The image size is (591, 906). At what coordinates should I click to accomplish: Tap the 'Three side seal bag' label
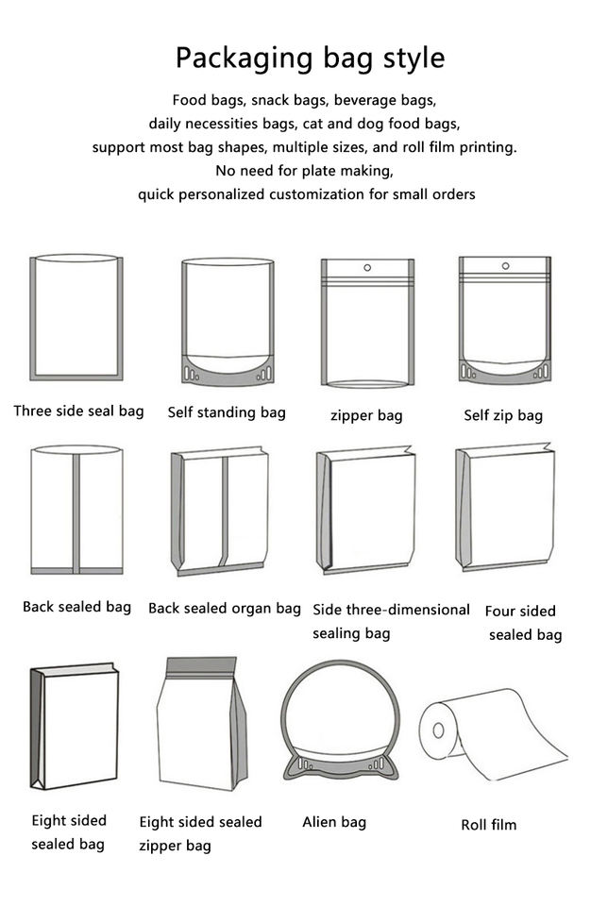tap(78, 411)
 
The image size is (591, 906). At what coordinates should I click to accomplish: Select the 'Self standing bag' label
tap(227, 412)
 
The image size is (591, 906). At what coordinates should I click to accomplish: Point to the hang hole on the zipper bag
tap(367, 267)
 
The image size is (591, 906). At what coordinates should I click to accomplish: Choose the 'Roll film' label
tap(489, 825)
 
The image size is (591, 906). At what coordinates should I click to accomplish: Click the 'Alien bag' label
tap(334, 822)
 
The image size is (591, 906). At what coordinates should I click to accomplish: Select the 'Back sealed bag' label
tap(76, 607)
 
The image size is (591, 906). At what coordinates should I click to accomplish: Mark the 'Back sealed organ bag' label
tap(225, 609)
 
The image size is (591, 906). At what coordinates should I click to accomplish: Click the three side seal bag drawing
tap(76, 317)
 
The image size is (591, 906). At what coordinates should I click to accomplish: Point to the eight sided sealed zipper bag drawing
tap(201, 724)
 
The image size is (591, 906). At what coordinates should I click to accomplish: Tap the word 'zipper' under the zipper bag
tap(352, 415)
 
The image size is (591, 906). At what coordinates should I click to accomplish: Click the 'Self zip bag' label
tap(503, 415)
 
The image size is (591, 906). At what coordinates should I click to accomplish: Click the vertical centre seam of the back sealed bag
tap(76, 510)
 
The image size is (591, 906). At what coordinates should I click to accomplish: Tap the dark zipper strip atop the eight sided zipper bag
tap(201, 665)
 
